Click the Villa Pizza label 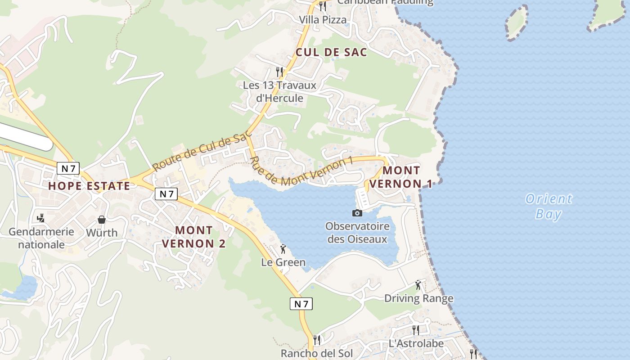323,20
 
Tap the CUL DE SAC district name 331,52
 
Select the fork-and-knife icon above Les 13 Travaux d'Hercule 279,71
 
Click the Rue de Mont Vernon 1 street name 300,172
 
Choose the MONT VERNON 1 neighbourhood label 401,177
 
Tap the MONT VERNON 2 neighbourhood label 193,237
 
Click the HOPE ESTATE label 89,185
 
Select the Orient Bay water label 549,206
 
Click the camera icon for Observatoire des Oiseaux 357,213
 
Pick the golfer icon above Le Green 283,249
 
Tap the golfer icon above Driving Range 418,285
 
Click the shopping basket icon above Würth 102,220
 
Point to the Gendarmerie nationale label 41,238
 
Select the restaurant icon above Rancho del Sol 317,340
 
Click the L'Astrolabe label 416,343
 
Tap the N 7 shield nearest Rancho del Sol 301,304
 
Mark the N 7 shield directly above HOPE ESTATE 68,168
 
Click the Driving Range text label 418,298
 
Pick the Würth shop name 102,233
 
